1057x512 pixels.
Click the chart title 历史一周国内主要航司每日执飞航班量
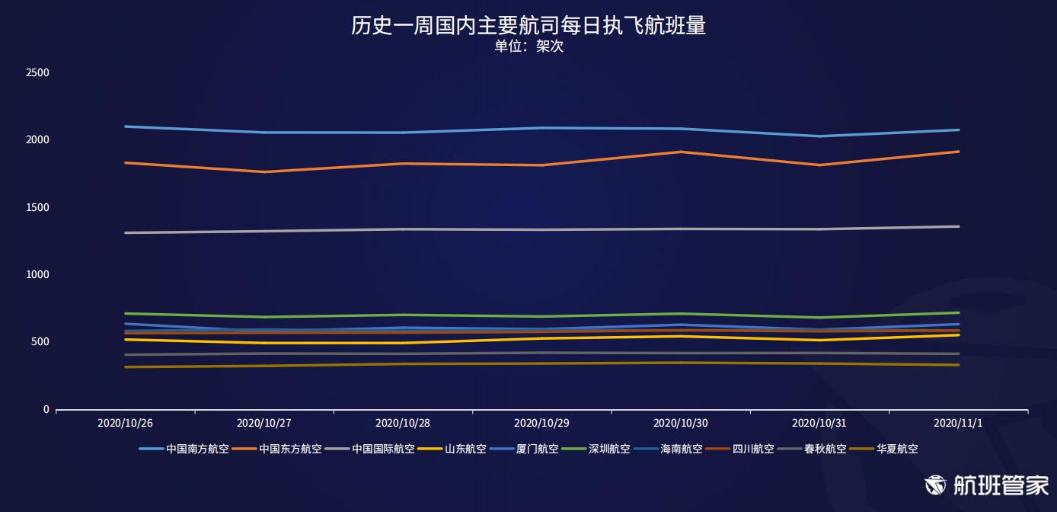click(528, 26)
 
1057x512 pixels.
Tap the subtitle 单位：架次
click(528, 46)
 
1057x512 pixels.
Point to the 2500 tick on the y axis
click(37, 73)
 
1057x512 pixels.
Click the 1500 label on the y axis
click(37, 207)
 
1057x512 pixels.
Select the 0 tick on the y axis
click(46, 409)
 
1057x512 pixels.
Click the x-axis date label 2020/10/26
click(125, 422)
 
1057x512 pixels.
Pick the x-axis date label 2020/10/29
click(541, 422)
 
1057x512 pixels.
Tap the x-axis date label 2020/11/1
click(958, 422)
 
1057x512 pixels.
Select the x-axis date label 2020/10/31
click(819, 422)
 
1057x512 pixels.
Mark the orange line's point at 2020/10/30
click(681, 152)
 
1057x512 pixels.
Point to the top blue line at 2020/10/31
click(819, 136)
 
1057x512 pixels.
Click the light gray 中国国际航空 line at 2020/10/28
click(403, 229)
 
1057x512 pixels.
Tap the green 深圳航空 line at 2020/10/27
click(263, 317)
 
